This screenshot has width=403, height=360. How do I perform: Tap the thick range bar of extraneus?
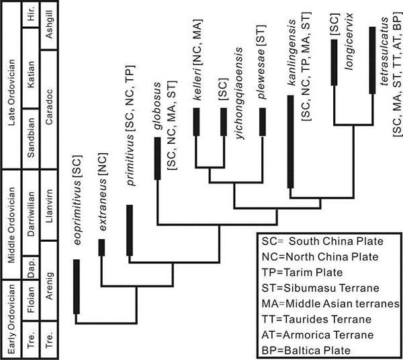(102, 247)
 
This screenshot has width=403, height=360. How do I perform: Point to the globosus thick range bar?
(156, 159)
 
